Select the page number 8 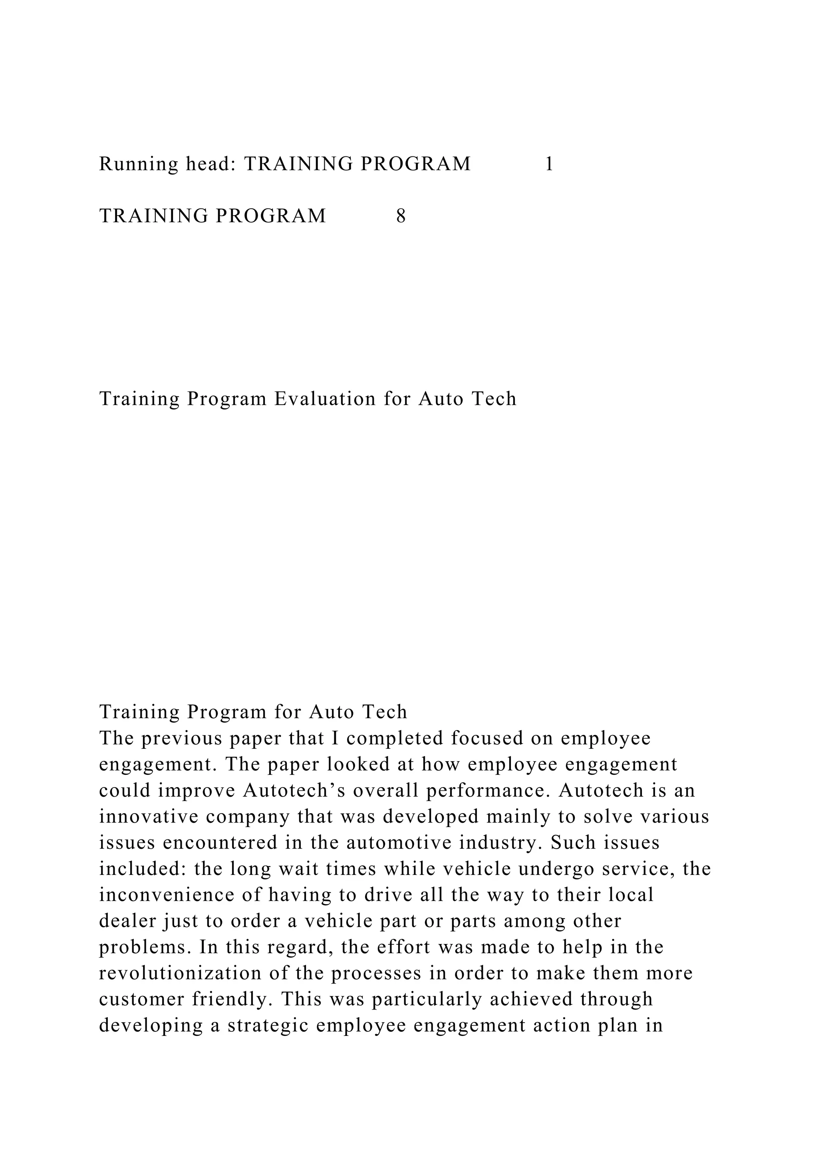click(401, 216)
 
